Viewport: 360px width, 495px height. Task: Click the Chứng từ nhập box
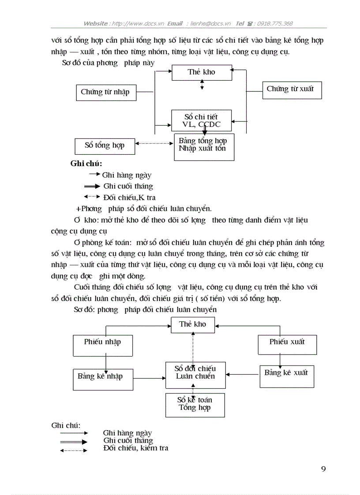106,92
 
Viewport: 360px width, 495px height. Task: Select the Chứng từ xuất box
290,89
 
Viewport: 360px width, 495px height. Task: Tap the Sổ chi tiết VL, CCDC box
202,120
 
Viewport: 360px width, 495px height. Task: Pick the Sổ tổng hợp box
105,145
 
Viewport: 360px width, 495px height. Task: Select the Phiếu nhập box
102,345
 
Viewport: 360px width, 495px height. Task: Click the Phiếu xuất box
287,344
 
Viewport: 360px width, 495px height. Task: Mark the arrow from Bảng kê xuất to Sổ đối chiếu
242,374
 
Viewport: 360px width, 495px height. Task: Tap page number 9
323,469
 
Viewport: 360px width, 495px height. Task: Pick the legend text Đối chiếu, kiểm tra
135,448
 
